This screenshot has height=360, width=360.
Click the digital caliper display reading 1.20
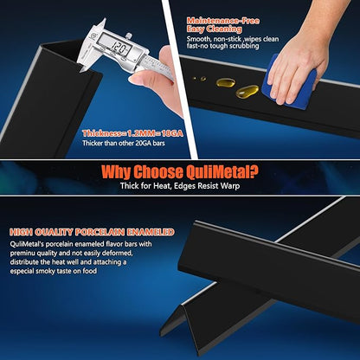pyautogui.click(x=118, y=48)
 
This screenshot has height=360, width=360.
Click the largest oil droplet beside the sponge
pyautogui.click(x=247, y=92)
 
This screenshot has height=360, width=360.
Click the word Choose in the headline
pyautogui.click(x=157, y=172)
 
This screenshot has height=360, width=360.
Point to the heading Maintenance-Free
pyautogui.click(x=223, y=21)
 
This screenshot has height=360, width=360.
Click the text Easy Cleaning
pyautogui.click(x=214, y=29)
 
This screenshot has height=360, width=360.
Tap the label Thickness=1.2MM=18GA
pyautogui.click(x=132, y=133)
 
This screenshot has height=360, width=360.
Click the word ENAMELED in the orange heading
pyautogui.click(x=151, y=232)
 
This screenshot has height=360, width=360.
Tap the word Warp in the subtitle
pyautogui.click(x=230, y=186)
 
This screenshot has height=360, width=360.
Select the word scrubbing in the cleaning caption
pyautogui.click(x=244, y=46)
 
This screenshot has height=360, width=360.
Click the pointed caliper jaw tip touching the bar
pyautogui.click(x=81, y=70)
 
